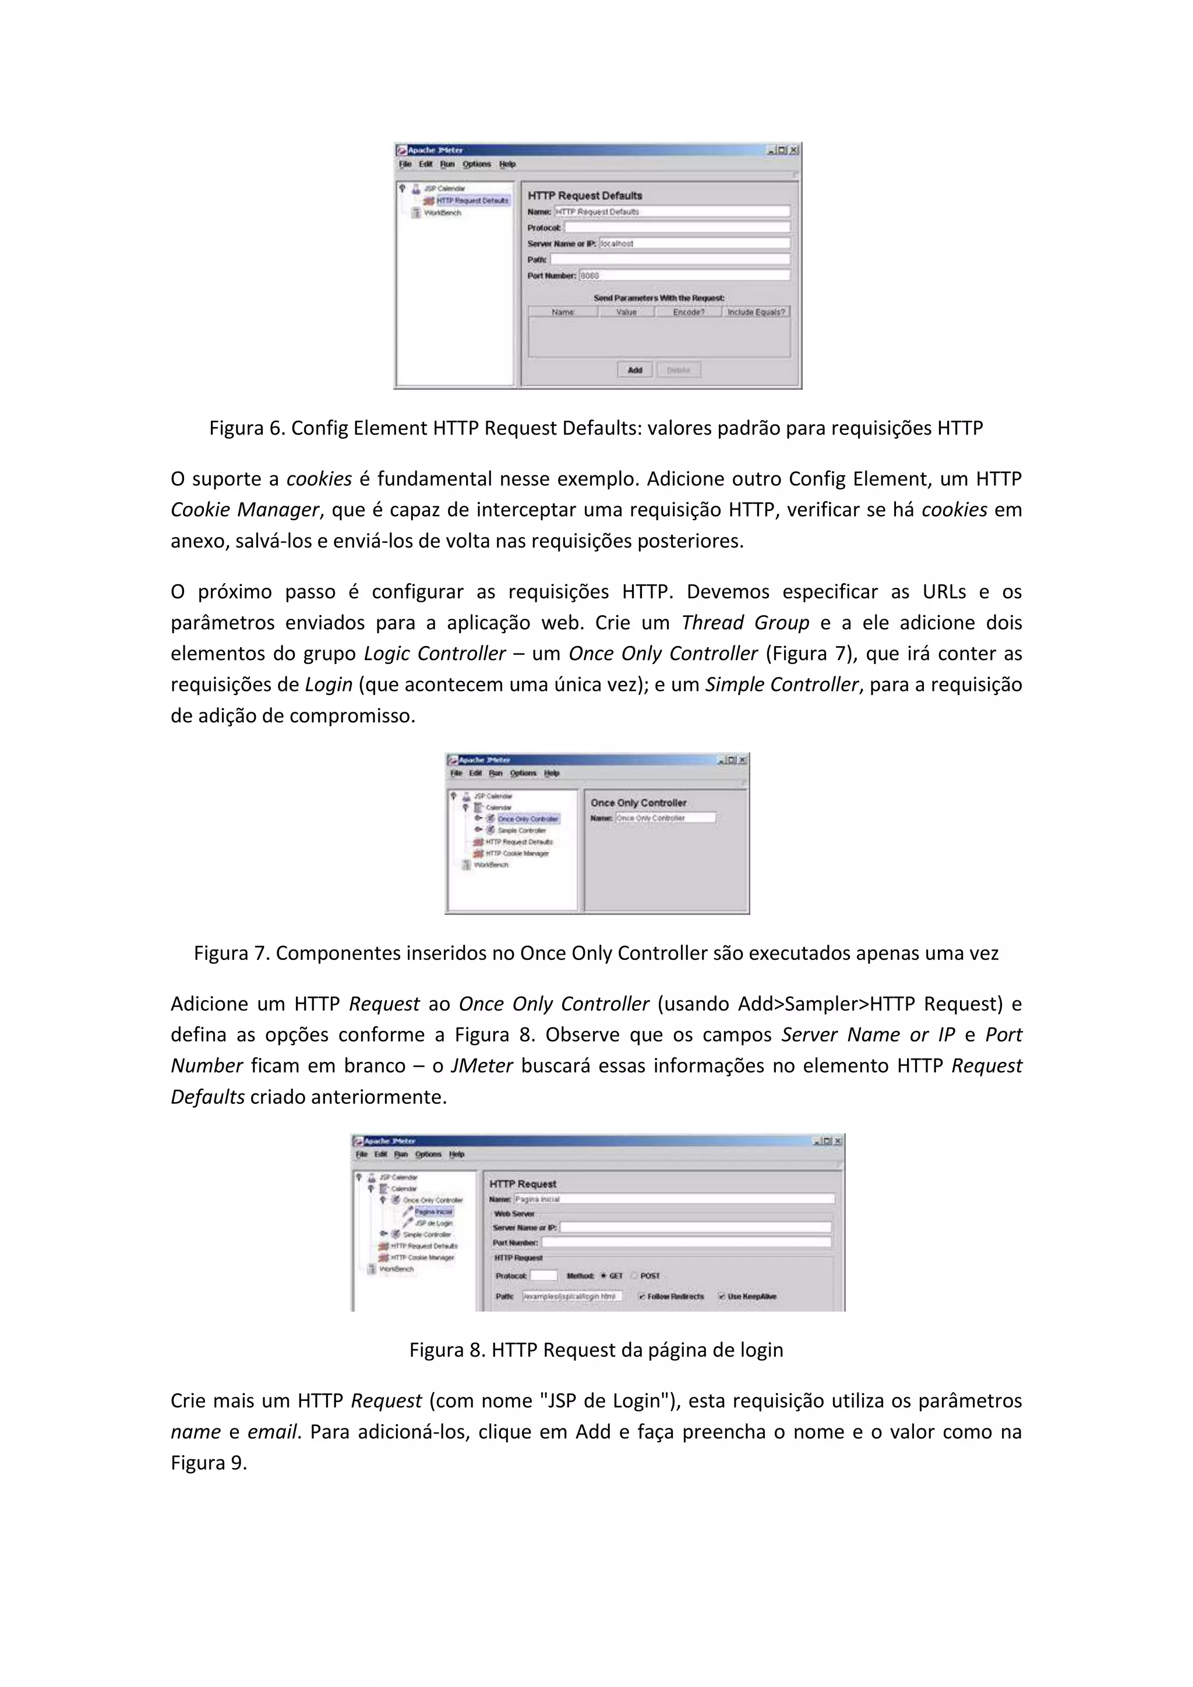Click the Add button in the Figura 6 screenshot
pos(635,370)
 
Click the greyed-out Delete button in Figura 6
pos(678,370)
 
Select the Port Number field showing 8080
pos(684,276)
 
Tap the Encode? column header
pos(689,312)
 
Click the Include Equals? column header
pos(756,312)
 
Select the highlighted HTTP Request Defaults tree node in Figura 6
pos(472,200)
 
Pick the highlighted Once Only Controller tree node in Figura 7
pos(527,818)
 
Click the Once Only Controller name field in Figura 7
pos(665,818)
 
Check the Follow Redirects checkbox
pos(642,1296)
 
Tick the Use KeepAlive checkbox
pos(722,1296)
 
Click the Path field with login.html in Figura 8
pos(572,1296)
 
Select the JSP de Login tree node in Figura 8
pos(433,1223)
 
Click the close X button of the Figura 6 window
pos(793,150)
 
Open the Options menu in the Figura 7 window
pos(523,773)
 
